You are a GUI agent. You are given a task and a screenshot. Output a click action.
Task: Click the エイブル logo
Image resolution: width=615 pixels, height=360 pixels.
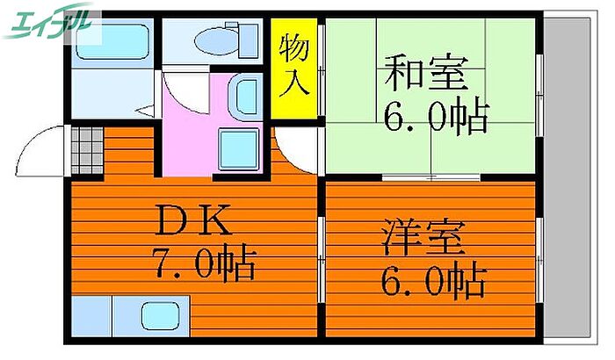pyautogui.click(x=47, y=22)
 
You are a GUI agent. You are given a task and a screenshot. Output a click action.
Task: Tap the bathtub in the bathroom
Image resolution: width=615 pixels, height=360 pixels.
pyautogui.click(x=112, y=42)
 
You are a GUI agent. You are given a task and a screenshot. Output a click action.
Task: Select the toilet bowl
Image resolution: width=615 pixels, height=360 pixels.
pyautogui.click(x=217, y=41)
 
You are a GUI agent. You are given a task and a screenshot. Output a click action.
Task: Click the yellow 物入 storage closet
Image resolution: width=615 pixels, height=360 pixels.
pyautogui.click(x=293, y=68)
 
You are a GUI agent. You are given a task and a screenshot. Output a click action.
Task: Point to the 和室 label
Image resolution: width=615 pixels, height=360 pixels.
pyautogui.click(x=426, y=73)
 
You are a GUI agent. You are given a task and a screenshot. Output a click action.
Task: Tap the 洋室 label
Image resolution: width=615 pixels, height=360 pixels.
pyautogui.click(x=423, y=238)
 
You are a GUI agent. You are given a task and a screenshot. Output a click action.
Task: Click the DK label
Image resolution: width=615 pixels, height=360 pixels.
pyautogui.click(x=193, y=220)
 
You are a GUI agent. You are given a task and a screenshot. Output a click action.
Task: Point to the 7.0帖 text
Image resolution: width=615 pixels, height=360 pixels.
pyautogui.click(x=205, y=263)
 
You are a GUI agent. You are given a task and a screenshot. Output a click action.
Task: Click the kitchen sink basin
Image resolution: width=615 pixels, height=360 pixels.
pyautogui.click(x=161, y=316)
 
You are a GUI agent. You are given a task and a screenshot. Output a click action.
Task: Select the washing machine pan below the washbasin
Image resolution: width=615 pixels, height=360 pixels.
pyautogui.click(x=238, y=149)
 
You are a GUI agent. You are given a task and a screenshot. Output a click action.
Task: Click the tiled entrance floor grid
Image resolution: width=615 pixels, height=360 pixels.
pyautogui.click(x=87, y=150)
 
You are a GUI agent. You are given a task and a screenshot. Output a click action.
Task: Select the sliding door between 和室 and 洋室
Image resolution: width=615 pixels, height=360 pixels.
pyautogui.click(x=430, y=177)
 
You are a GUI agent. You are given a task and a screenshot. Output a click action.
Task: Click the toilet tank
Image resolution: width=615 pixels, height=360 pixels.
pyautogui.click(x=249, y=40)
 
